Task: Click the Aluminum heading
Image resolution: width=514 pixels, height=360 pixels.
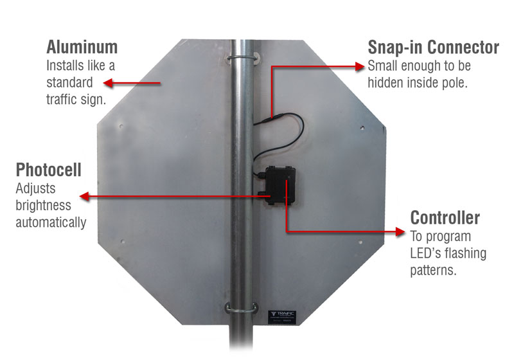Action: tap(82, 47)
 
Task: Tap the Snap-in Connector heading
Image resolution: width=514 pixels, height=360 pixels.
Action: tap(433, 48)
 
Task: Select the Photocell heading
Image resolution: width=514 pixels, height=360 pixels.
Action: tap(49, 171)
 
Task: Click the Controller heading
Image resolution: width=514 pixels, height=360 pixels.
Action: tap(445, 217)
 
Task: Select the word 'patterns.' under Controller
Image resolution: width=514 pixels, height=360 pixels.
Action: tap(433, 269)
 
